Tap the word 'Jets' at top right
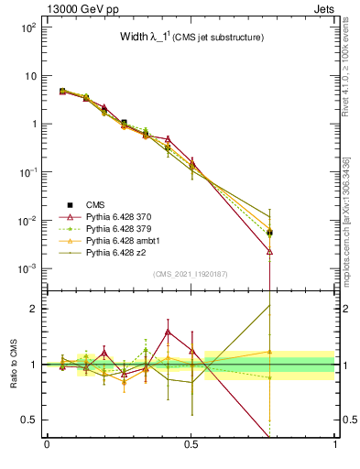tap(325, 8)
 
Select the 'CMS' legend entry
tap(95, 204)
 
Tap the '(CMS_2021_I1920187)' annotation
tap(190, 275)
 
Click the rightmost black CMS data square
tap(269, 233)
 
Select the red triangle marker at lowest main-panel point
tap(269, 250)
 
